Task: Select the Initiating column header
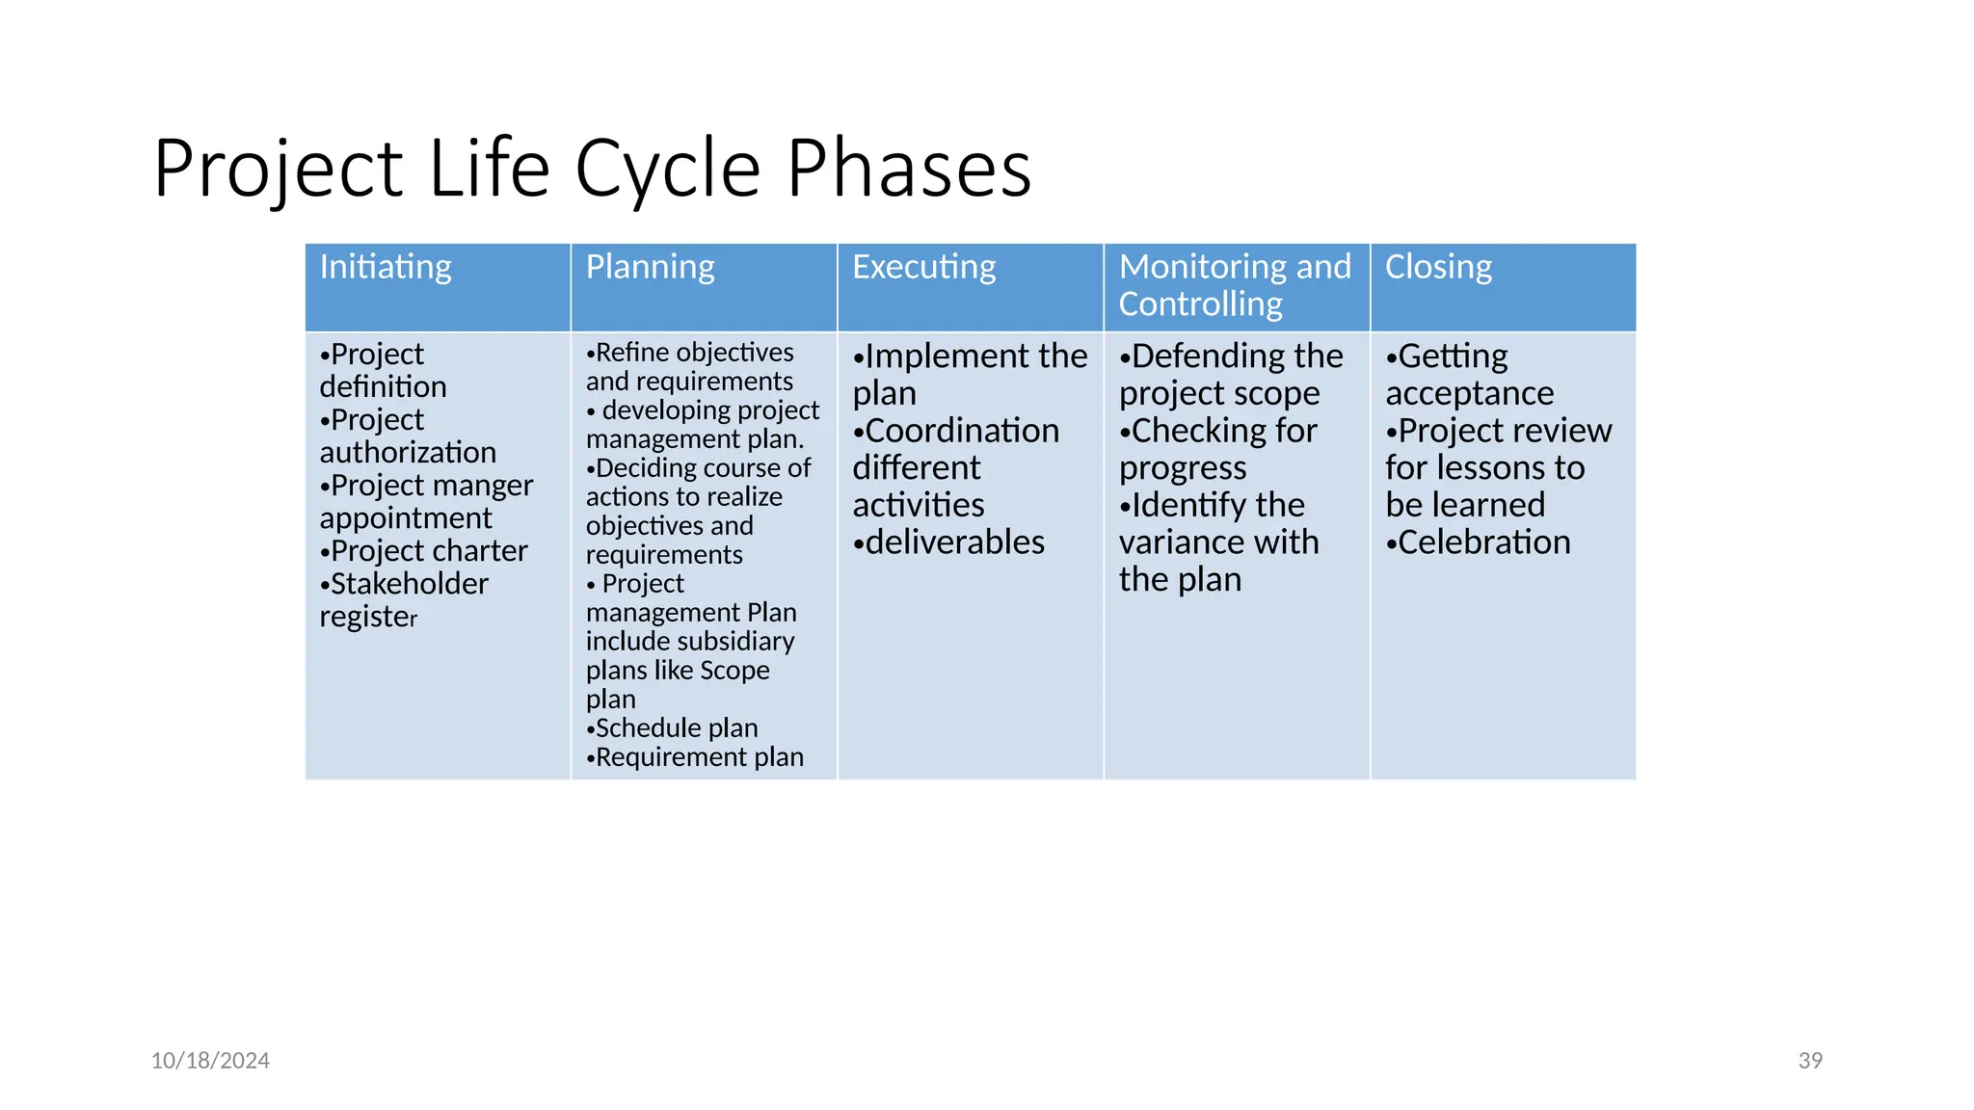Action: click(386, 267)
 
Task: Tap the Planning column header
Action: click(651, 267)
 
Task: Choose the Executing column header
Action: click(923, 267)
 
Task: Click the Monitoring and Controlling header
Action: click(1235, 285)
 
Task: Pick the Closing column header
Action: click(1438, 267)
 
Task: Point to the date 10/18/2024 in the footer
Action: click(210, 1061)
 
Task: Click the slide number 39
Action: click(1810, 1061)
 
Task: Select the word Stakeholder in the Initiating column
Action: click(410, 584)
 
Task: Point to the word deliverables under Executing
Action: click(954, 542)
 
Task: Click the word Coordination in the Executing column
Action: click(962, 431)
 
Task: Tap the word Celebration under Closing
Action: click(1484, 542)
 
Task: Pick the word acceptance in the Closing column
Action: click(1469, 393)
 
